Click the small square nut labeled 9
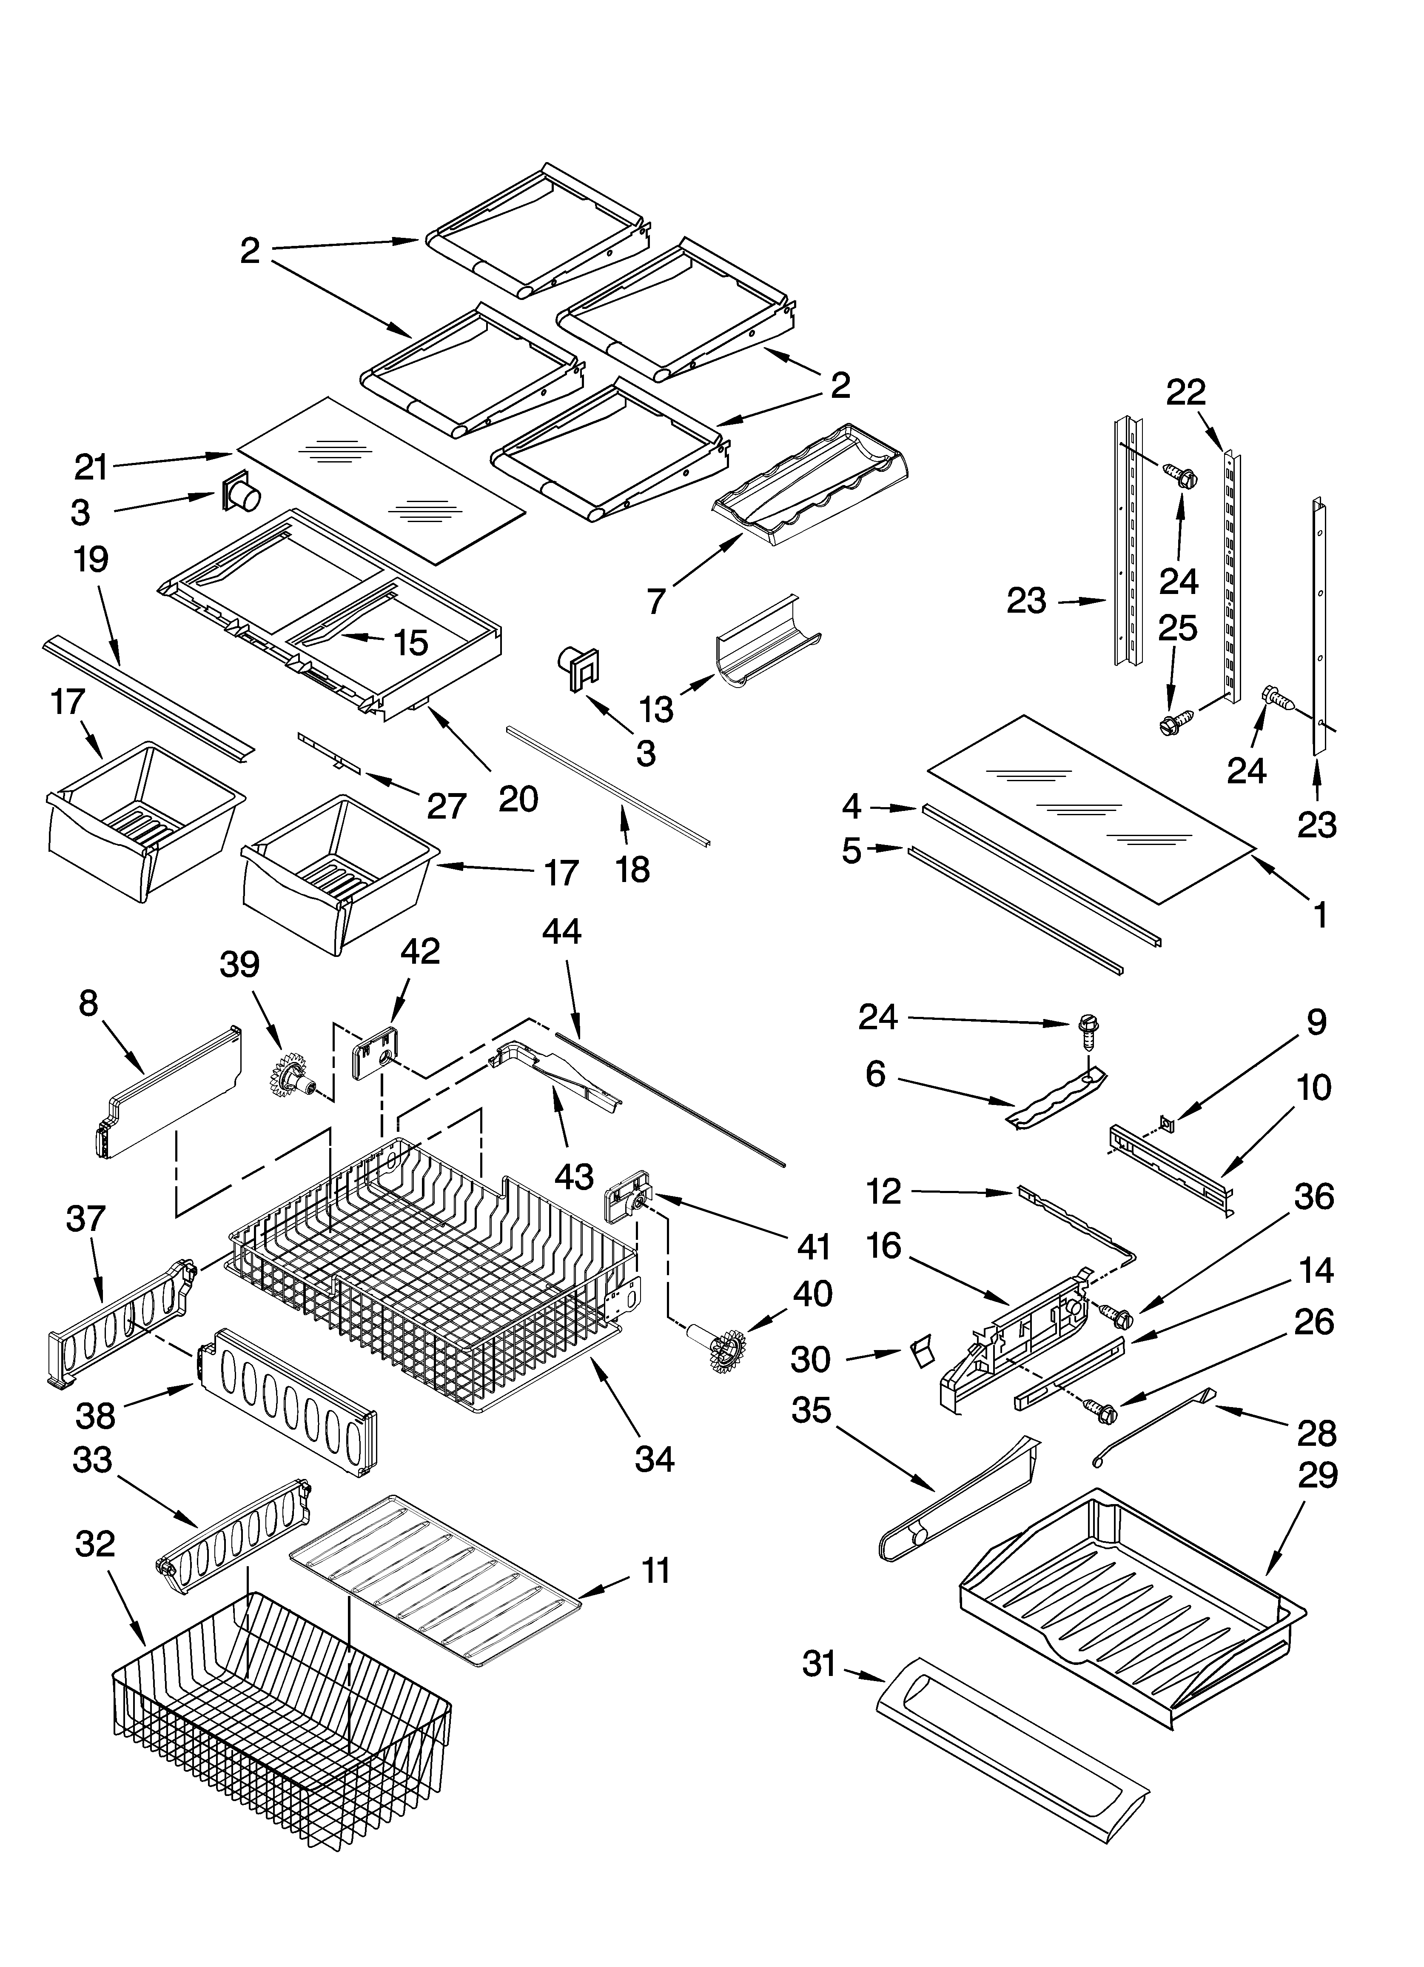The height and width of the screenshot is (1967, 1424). coord(1168,1125)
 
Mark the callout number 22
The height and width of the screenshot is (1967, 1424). coord(1185,393)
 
